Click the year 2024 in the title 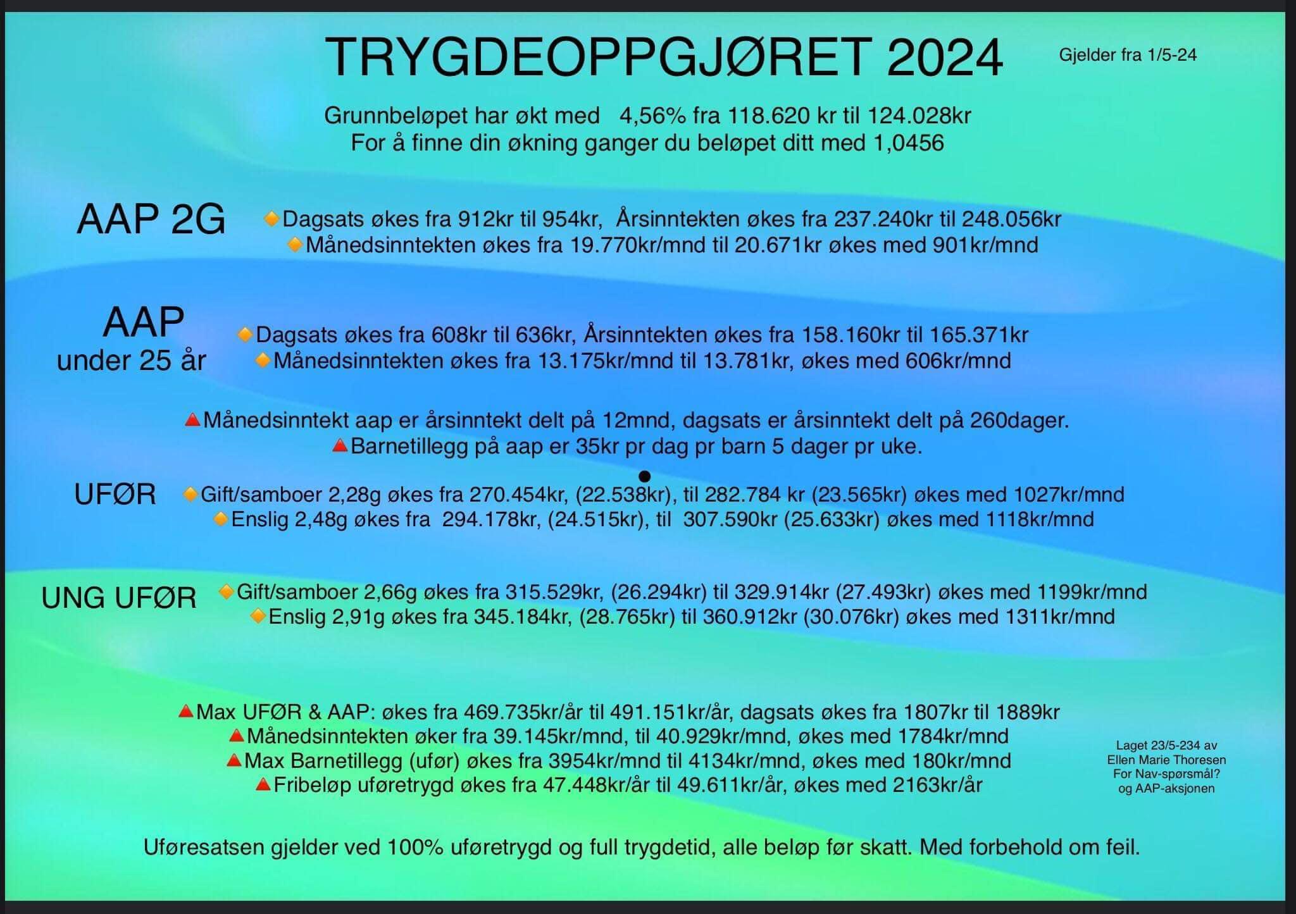(x=945, y=58)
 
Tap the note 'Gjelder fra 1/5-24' (x=1128, y=56)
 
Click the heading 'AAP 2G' (x=151, y=219)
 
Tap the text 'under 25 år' (x=132, y=361)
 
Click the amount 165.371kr (x=979, y=335)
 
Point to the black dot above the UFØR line (x=645, y=476)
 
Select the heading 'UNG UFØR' (x=119, y=598)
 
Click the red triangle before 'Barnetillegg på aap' (x=340, y=446)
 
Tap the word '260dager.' (x=1019, y=421)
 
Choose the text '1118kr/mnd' (x=1040, y=519)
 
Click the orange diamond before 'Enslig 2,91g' (x=258, y=616)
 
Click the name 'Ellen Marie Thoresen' (x=1166, y=760)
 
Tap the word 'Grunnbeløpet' (x=387, y=116)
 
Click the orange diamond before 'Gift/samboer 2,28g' (x=190, y=494)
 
